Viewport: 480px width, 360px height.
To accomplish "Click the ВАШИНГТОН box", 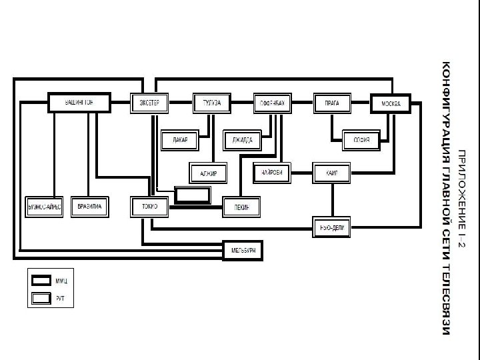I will click(79, 103).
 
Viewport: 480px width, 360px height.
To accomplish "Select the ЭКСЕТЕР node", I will click(149, 103).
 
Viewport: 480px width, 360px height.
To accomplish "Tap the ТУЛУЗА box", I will click(211, 103).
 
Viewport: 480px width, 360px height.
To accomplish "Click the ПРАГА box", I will click(332, 103).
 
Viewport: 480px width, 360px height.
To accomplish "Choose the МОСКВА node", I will click(390, 103).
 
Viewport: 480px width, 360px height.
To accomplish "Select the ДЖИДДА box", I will click(241, 139).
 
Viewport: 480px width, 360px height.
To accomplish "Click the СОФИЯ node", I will click(361, 139).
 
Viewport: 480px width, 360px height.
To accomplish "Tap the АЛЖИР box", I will click(209, 173).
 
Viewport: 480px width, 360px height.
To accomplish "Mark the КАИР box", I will click(332, 173).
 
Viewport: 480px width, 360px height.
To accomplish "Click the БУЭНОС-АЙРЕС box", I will click(44, 207).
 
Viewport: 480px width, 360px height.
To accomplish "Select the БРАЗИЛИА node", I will click(89, 207).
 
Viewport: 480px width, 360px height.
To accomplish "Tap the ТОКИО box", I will click(150, 207).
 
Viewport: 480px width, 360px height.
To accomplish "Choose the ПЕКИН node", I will click(241, 207).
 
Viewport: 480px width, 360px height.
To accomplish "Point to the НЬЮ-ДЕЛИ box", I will click(332, 227).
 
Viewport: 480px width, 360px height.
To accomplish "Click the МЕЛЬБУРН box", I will click(243, 250).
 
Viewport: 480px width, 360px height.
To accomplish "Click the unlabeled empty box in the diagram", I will click(193, 195).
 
